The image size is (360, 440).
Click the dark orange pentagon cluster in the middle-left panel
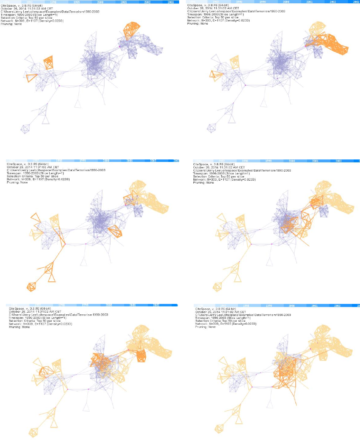pos(31,286)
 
